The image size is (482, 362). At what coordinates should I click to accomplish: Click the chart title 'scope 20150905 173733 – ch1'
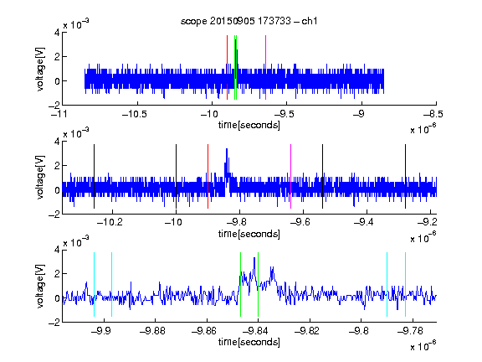point(249,21)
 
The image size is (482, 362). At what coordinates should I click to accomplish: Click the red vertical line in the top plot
point(227,67)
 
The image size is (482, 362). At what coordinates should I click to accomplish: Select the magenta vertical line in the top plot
point(265,67)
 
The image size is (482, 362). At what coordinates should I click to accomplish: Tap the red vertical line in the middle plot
point(208,176)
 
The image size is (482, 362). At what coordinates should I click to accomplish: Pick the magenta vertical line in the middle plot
point(291,176)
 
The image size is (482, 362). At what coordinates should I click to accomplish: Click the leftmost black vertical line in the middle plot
point(94,176)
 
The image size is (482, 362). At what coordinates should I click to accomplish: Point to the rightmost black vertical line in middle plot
point(405,176)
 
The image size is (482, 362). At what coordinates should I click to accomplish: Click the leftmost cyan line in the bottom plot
point(94,284)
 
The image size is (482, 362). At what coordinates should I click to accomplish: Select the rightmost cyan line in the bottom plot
point(405,284)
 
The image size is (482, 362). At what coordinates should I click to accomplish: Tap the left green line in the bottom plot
point(240,284)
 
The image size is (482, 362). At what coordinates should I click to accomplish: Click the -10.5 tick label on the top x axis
point(135,115)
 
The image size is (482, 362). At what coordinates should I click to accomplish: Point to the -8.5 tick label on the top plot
point(433,115)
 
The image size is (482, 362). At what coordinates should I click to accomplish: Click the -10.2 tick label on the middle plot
point(110,222)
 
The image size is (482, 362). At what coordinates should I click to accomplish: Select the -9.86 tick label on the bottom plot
point(203,331)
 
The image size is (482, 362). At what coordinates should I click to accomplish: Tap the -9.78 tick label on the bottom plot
point(410,331)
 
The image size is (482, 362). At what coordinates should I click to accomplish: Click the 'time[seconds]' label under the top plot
point(249,126)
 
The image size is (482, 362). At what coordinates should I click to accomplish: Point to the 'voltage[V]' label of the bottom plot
point(40,286)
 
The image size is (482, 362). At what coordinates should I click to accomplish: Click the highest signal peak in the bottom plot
point(254,258)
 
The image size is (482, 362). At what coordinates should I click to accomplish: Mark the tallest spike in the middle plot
point(227,149)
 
